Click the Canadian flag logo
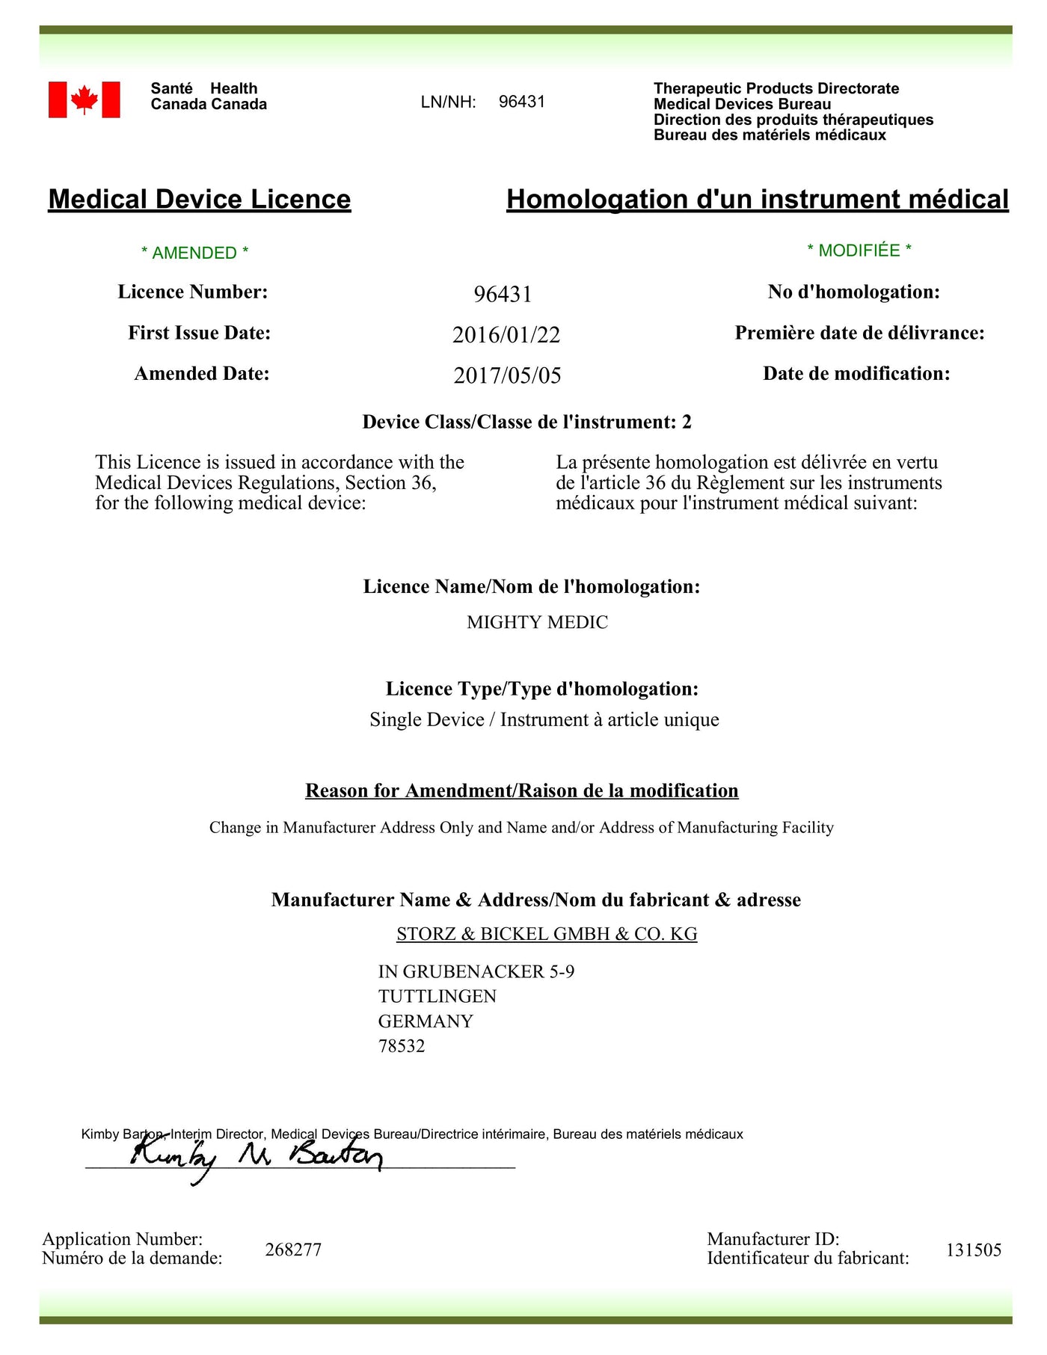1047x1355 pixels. (84, 99)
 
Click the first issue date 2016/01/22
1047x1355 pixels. (506, 334)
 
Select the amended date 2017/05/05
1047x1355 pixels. (507, 375)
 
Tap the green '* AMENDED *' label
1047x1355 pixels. (194, 253)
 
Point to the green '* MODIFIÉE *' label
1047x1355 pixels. (859, 251)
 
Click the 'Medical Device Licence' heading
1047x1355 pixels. (200, 199)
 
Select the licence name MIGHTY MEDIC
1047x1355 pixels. (537, 622)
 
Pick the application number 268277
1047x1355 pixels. (293, 1250)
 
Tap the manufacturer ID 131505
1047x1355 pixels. (973, 1250)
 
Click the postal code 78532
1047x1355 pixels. (402, 1046)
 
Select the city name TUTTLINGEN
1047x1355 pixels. (437, 996)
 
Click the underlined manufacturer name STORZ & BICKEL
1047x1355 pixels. (547, 934)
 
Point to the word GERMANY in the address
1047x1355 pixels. (426, 1021)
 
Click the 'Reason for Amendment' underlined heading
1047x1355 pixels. (522, 791)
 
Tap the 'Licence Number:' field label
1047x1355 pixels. (193, 292)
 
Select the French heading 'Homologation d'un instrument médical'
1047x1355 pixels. (757, 199)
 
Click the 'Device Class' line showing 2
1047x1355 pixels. (527, 422)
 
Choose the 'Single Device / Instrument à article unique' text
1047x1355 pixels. (544, 719)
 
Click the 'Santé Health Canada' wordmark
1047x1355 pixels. (209, 96)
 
